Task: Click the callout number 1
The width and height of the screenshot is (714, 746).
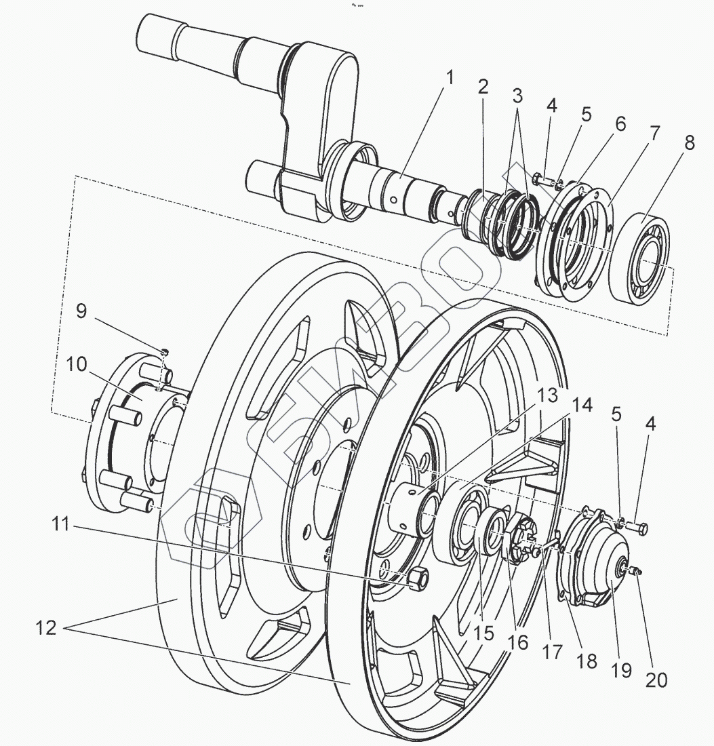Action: (x=448, y=79)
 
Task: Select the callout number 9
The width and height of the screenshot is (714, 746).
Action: (x=81, y=311)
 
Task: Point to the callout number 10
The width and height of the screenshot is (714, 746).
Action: (x=77, y=364)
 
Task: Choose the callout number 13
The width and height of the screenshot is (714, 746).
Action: (x=547, y=396)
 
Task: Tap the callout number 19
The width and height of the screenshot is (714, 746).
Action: (x=620, y=670)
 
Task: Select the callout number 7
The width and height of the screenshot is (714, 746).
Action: (x=653, y=133)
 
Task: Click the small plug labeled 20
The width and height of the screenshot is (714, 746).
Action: (x=637, y=574)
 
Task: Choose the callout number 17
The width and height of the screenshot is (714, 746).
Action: (x=553, y=652)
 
